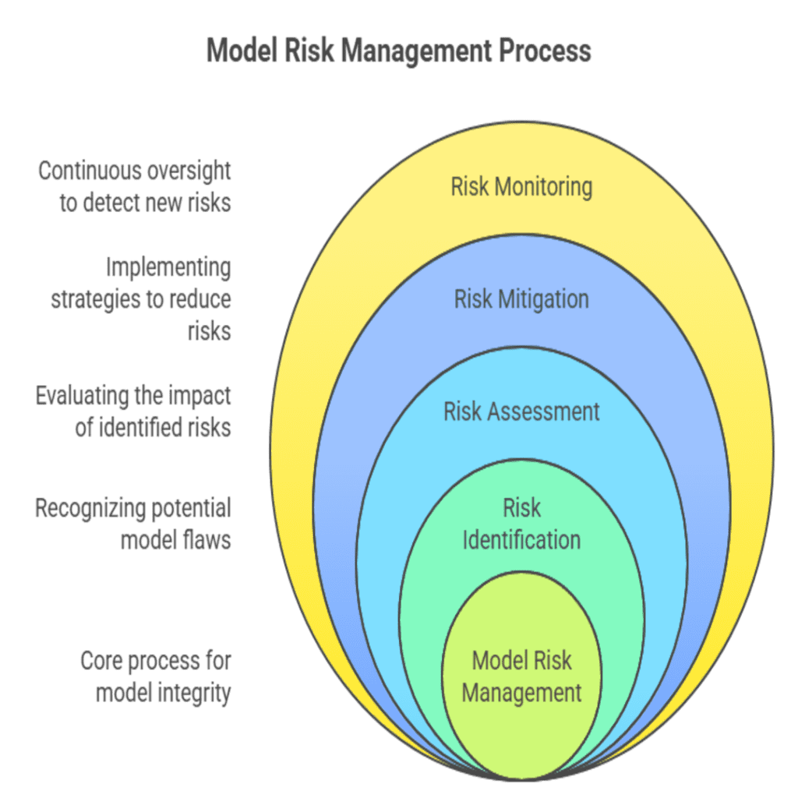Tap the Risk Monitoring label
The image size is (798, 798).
tap(521, 187)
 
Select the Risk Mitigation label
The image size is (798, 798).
tap(521, 299)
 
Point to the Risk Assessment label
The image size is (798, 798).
tap(521, 411)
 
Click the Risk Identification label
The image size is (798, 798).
tap(521, 524)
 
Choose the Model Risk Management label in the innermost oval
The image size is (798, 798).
tap(521, 676)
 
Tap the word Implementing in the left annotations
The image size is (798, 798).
tap(168, 268)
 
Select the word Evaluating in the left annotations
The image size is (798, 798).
tap(82, 396)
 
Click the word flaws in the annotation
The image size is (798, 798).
tap(208, 540)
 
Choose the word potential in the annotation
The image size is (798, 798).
tap(184, 509)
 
